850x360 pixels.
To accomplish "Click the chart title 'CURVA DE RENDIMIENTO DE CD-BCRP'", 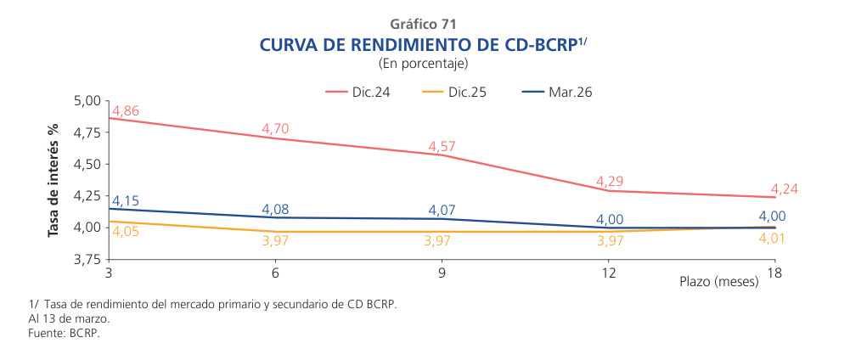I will [419, 44].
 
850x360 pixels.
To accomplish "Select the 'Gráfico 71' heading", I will [424, 24].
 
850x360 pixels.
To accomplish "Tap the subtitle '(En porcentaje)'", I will [424, 63].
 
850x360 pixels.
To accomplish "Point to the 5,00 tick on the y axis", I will [87, 101].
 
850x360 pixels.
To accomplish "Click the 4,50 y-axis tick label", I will [87, 164].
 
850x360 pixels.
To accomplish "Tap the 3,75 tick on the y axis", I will [87, 259].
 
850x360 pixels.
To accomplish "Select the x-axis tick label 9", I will [442, 274].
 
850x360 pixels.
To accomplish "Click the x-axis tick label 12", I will [609, 274].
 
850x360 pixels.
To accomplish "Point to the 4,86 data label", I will [126, 111].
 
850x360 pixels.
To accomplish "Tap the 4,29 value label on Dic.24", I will [610, 181].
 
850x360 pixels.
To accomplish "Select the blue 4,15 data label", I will [126, 200].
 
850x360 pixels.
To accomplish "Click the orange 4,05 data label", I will [126, 231].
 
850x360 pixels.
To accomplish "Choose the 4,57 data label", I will [442, 147].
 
